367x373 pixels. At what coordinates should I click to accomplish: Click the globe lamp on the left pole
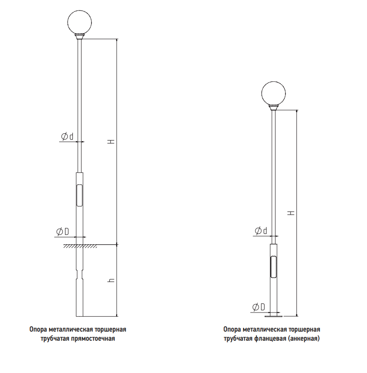point(80,22)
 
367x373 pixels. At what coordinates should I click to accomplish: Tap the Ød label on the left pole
point(67,136)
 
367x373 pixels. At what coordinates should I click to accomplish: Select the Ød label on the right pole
point(261,231)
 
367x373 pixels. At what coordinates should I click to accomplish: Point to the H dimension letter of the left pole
point(111,141)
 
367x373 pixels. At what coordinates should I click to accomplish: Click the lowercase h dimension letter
point(111,280)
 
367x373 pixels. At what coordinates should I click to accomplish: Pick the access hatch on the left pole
point(79,195)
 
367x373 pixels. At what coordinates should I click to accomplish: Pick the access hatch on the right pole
point(273,267)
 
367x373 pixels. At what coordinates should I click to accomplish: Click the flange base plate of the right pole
point(273,316)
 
